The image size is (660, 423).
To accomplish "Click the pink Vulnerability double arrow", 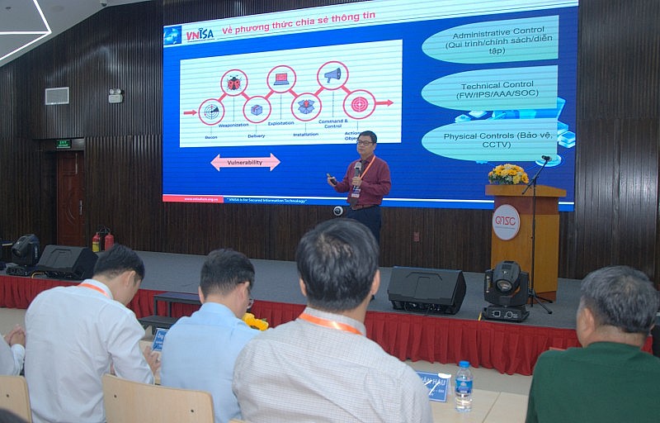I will coord(245,162).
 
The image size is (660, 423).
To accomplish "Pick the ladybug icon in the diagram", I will coord(234,83).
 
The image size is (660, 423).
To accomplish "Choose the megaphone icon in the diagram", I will coord(332,76).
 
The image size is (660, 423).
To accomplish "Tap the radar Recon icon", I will coord(211,112).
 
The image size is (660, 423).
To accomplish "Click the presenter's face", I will coord(365,143).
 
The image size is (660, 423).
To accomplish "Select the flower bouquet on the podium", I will coord(508,174).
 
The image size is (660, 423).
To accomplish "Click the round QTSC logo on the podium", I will coord(506,222).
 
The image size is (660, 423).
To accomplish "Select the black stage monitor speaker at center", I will coord(427,289).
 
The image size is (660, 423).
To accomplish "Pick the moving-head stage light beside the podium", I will coord(505,290).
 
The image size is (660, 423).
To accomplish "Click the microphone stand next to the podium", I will coord(536,231).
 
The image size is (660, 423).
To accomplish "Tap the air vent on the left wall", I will coord(57,96).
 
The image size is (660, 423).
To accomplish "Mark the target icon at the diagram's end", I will coord(359,104).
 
